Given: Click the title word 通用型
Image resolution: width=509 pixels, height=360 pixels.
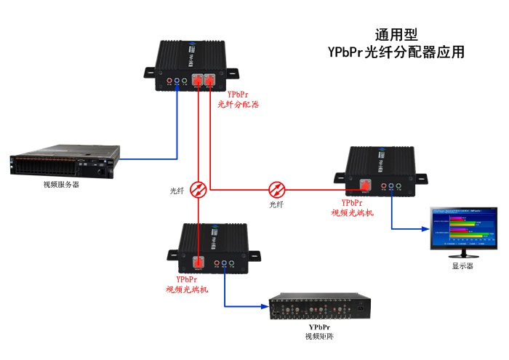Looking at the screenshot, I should [396, 35].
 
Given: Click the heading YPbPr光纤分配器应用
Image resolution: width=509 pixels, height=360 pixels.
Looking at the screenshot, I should [396, 53].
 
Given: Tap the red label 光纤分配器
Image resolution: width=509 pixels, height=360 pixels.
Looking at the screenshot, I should [239, 105].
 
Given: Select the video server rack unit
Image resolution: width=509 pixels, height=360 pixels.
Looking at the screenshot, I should [63, 164].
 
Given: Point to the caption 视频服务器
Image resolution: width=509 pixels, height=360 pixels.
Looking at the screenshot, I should [62, 185].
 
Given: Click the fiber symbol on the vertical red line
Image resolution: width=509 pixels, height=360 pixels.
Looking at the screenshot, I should [198, 190].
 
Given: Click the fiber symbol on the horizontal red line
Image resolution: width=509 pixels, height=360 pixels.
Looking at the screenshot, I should [277, 190].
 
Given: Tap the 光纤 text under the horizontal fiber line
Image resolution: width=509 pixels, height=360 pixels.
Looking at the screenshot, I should [276, 205].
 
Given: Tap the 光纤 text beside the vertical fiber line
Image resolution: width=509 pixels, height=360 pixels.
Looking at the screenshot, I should [177, 191].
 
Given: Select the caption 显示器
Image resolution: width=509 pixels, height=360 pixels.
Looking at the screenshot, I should [462, 266].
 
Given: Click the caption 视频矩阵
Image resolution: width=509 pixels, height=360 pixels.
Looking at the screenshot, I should [320, 337].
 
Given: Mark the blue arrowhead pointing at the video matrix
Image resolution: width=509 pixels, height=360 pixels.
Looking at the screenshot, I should [265, 306].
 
